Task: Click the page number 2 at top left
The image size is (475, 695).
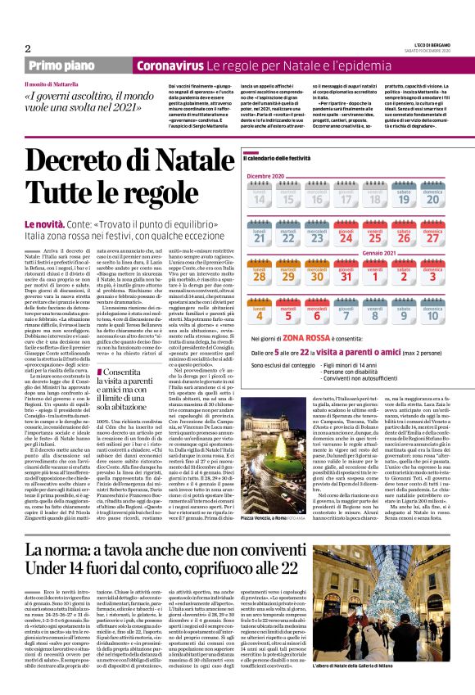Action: (28, 48)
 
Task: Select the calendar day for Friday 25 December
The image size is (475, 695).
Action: (374, 237)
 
